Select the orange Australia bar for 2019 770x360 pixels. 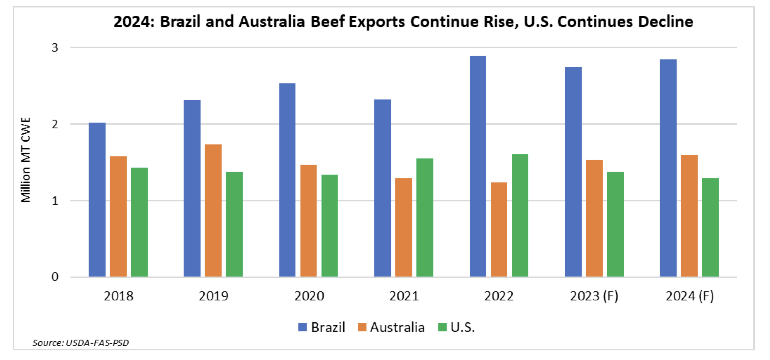(213, 210)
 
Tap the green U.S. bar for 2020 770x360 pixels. (329, 226)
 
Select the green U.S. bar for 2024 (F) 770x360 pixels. (710, 227)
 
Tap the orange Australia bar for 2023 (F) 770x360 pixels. (594, 218)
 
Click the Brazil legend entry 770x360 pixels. (322, 327)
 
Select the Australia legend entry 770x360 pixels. (392, 327)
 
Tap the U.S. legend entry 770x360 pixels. (457, 327)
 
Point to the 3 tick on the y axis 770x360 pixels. (55, 47)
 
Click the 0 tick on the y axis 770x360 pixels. (55, 277)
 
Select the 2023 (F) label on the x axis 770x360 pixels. (594, 296)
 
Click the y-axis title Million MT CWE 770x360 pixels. (26, 160)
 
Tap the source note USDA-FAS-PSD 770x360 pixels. (81, 343)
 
